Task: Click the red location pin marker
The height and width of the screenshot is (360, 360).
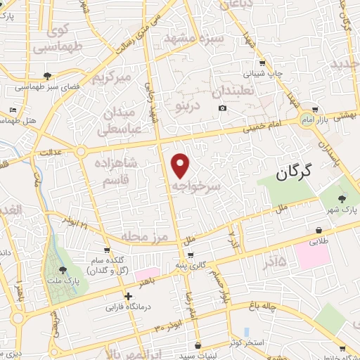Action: (181, 165)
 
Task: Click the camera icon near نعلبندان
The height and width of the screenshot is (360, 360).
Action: (223, 108)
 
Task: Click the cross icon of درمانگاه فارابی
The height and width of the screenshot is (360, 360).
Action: (128, 297)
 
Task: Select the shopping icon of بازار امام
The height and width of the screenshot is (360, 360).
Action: (314, 110)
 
